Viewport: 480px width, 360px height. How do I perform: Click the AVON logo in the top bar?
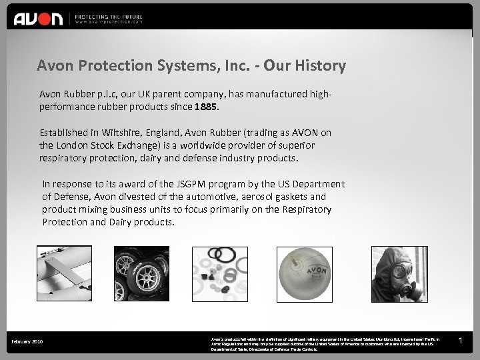click(x=38, y=18)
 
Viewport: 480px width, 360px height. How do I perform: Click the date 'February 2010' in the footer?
click(x=27, y=342)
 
